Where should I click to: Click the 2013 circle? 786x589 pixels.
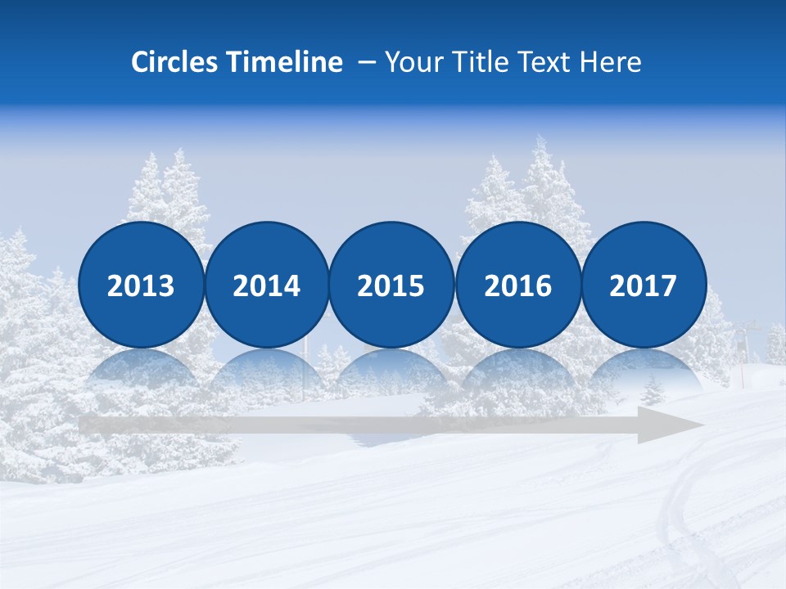tap(141, 285)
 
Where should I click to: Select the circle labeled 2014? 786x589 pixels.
tap(267, 285)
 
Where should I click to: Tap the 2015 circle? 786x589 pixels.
tap(391, 285)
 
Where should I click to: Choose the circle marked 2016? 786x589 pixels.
tap(518, 285)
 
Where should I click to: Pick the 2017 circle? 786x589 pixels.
tap(644, 285)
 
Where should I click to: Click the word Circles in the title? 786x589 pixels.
tap(174, 62)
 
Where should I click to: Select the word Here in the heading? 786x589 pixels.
tap(610, 62)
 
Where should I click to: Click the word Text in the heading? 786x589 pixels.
tap(549, 62)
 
